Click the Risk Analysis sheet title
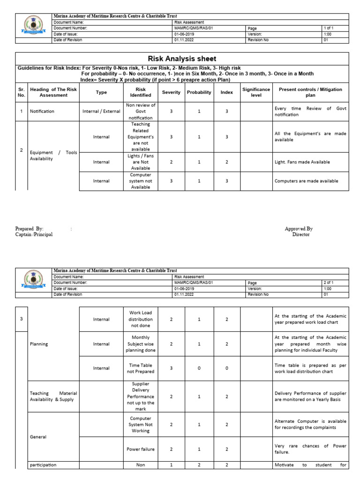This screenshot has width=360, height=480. (182, 59)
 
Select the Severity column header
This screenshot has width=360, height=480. (171, 92)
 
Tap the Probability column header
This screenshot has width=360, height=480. (199, 92)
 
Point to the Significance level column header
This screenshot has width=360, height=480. (256, 92)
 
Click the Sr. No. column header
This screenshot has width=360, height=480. (21, 92)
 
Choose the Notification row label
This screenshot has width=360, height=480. (42, 112)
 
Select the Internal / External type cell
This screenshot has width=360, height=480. (101, 112)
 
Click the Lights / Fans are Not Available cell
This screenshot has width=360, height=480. (141, 162)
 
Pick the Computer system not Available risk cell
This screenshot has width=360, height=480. (141, 181)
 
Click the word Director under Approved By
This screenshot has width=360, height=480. (300, 234)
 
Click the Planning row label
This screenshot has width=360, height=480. (40, 344)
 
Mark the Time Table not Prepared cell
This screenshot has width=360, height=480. (141, 368)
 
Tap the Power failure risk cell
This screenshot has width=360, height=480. (141, 449)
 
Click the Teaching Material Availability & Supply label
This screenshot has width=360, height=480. (53, 396)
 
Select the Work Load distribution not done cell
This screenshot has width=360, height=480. (141, 319)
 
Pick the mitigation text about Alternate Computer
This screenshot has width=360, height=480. (310, 424)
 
